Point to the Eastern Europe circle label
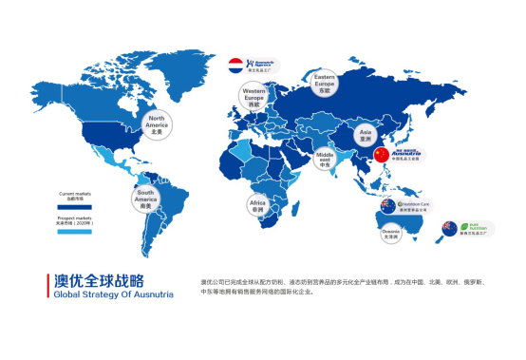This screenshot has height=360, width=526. pyautogui.click(x=325, y=84)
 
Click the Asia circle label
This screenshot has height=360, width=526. pyautogui.click(x=365, y=134)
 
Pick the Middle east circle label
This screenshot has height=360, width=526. pyautogui.click(x=326, y=158)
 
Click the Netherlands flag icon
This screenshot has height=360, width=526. pyautogui.click(x=236, y=66)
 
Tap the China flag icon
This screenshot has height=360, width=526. pyautogui.click(x=382, y=155)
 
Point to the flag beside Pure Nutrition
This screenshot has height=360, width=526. pyautogui.click(x=448, y=228)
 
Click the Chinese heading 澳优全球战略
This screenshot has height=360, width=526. pyautogui.click(x=99, y=281)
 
